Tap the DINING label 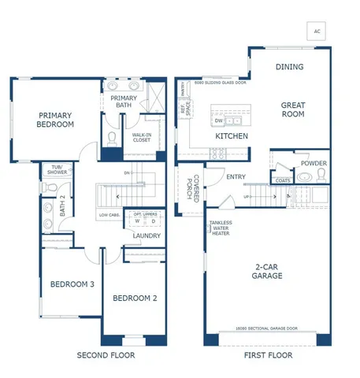pos(289,67)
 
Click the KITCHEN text pos(232,136)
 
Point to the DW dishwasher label pos(218,121)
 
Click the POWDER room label pos(314,164)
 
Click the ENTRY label pos(236,176)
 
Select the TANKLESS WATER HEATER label pos(221,228)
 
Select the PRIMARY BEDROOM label pos(56,120)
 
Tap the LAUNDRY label pos(147,235)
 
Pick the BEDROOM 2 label pos(130,298)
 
